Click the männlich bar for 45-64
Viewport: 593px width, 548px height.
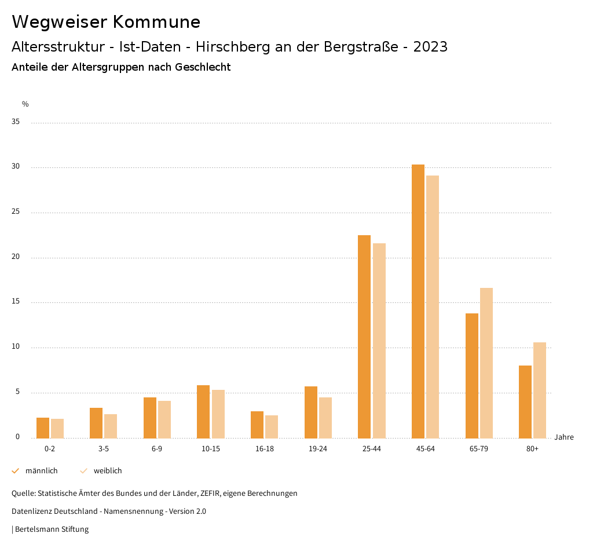(x=418, y=301)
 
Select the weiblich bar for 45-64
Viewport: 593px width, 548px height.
(x=433, y=307)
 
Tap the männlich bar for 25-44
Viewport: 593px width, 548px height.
(x=364, y=337)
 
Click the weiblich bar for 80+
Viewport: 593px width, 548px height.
(x=540, y=390)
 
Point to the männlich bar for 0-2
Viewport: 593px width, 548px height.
(x=43, y=428)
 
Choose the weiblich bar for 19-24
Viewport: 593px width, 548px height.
(x=325, y=418)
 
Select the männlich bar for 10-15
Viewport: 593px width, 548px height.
(x=203, y=412)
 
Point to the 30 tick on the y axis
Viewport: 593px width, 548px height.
(x=16, y=167)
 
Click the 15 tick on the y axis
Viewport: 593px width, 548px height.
(x=16, y=302)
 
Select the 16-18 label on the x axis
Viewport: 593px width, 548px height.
(x=264, y=449)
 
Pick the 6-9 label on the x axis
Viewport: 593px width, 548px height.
(x=157, y=449)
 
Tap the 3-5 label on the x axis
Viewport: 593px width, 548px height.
(x=104, y=449)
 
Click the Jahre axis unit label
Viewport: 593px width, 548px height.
(x=564, y=437)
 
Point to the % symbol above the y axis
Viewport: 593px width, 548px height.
(x=25, y=104)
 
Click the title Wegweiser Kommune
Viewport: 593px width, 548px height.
(x=106, y=22)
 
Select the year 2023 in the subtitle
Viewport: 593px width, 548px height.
(x=430, y=47)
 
